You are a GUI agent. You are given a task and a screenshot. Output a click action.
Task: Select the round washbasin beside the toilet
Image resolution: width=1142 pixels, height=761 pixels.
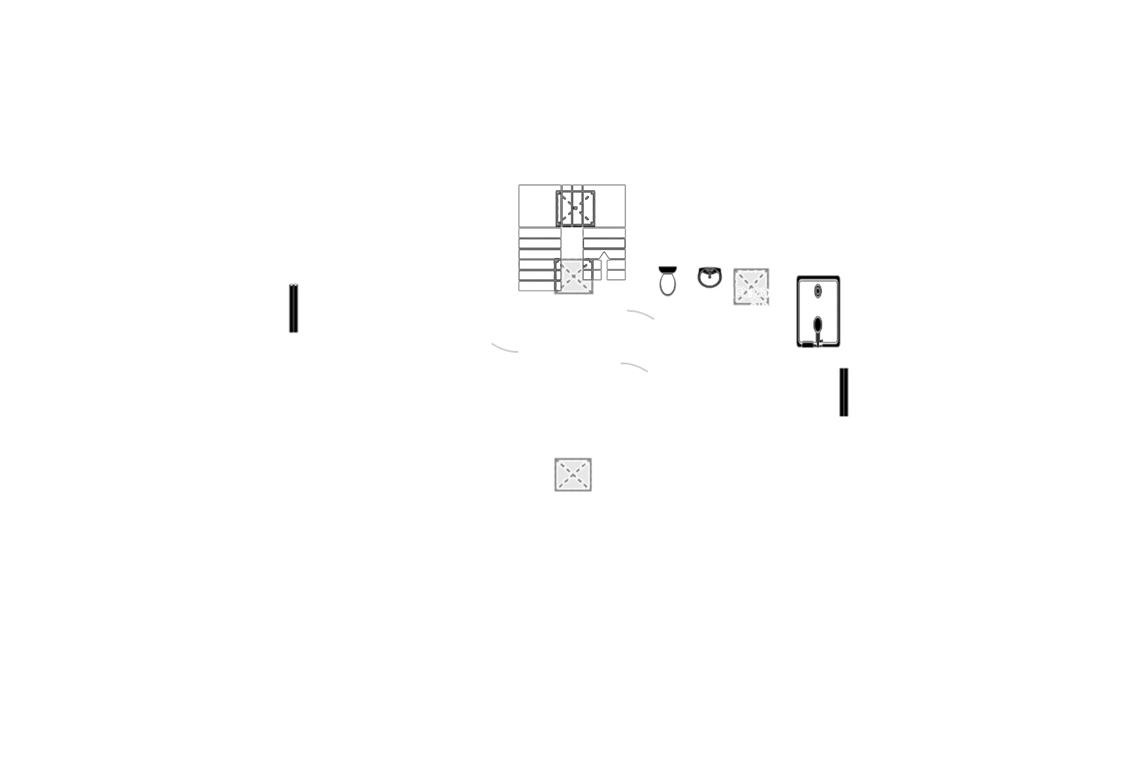point(710,276)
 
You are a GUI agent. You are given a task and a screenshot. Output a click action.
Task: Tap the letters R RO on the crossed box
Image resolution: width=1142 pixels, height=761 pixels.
point(752,293)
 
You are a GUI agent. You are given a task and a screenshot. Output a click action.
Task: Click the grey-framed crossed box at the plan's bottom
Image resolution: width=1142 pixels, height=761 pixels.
point(572,473)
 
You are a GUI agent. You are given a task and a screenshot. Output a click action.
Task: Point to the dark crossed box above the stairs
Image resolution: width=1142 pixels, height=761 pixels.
point(577,206)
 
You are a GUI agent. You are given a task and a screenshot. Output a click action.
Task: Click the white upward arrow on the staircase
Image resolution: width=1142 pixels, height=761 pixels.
point(605,265)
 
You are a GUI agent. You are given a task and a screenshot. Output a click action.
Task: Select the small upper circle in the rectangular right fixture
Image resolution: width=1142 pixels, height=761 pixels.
point(818,290)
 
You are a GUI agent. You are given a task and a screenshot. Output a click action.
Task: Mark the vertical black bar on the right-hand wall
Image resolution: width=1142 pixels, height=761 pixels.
point(843,392)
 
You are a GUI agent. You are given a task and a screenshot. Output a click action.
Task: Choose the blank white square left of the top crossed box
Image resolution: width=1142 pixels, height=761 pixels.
point(537,205)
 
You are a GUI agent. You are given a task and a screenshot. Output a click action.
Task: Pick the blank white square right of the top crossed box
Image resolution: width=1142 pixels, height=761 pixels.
point(612,205)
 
